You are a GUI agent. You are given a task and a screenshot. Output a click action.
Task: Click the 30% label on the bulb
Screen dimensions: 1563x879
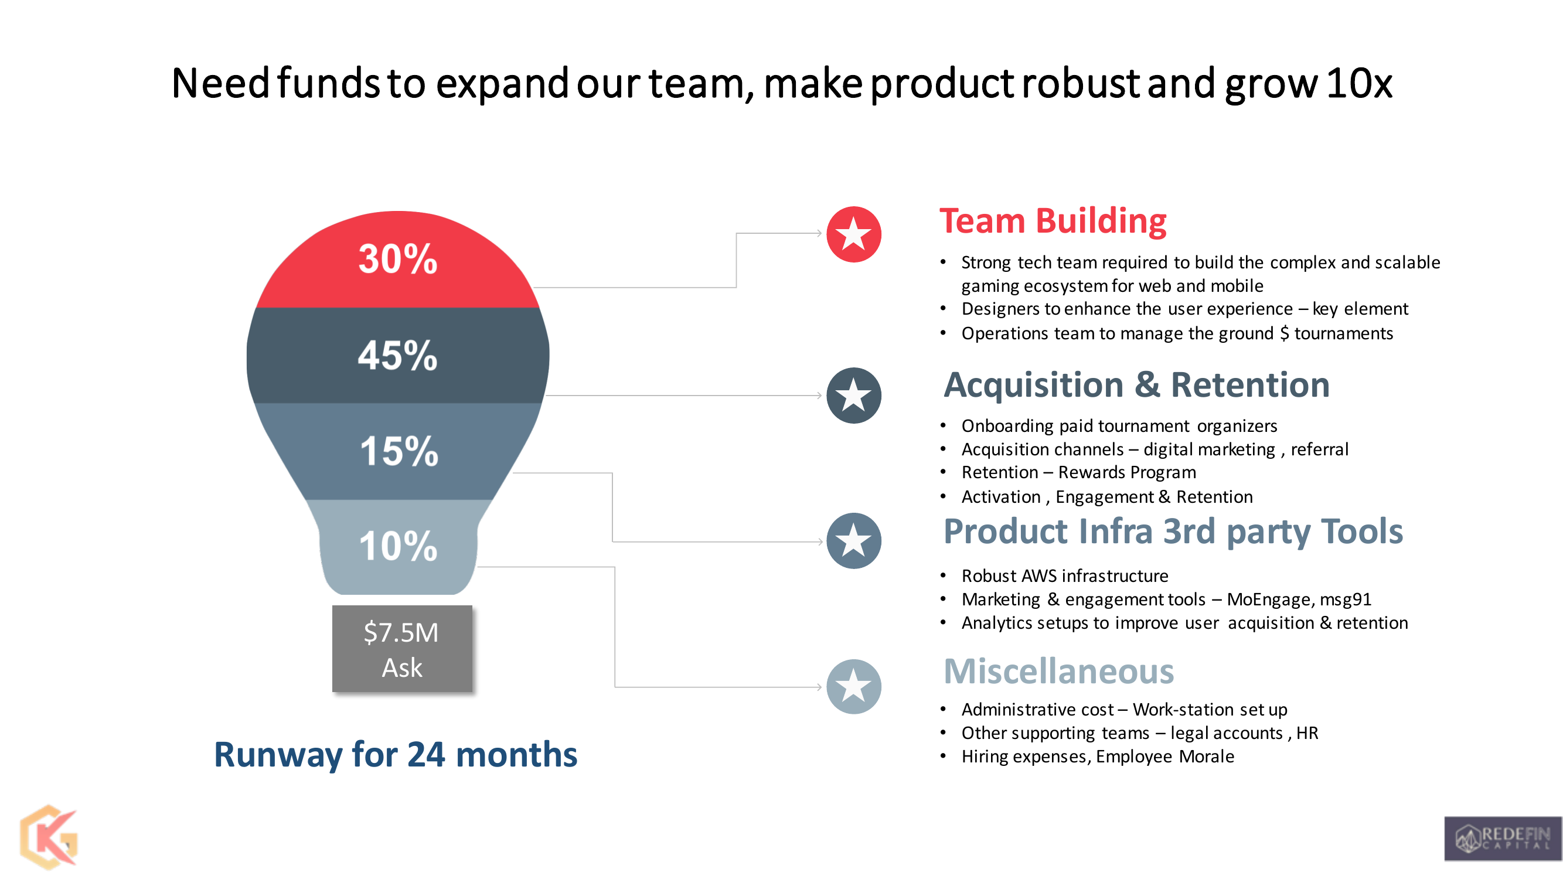click(397, 259)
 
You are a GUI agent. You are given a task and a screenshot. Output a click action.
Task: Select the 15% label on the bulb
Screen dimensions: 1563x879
click(399, 451)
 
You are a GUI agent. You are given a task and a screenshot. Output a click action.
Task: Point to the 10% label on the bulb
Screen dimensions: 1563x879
click(398, 546)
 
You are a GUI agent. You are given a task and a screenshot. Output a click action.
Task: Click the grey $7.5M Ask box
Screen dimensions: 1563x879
click(402, 649)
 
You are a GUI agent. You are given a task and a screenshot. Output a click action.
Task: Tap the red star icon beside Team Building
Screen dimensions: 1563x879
click(854, 234)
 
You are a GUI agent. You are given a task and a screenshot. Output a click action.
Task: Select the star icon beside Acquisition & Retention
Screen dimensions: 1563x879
click(854, 396)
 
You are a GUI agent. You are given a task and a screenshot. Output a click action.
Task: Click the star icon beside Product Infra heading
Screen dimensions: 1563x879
click(854, 541)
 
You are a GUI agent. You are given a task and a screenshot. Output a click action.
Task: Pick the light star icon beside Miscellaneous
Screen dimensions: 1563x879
click(854, 687)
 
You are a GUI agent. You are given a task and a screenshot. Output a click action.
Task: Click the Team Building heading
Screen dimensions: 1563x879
click(1053, 221)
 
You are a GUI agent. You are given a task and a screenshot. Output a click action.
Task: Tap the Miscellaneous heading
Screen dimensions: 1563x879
click(1059, 672)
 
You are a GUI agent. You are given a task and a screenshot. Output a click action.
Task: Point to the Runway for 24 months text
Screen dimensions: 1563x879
click(396, 755)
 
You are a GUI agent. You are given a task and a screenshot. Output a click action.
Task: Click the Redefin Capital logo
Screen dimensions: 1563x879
click(1503, 839)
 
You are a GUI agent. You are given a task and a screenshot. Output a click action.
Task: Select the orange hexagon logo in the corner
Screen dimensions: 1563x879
click(49, 838)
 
